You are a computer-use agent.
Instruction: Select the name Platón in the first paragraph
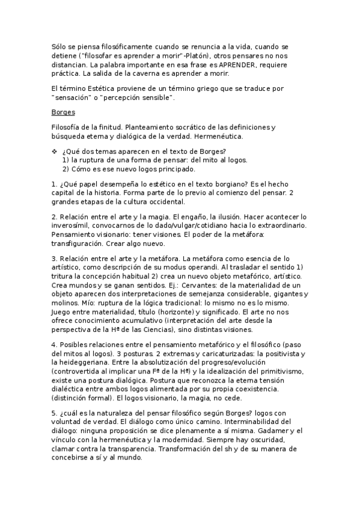180,55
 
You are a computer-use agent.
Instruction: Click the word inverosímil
72,226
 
